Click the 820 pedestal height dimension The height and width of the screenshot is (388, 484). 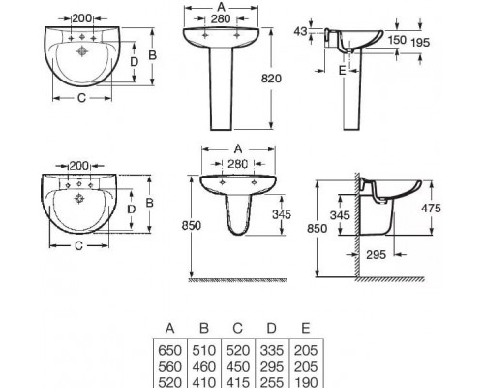(x=271, y=79)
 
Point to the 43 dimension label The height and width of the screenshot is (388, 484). (x=300, y=31)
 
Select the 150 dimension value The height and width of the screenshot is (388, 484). (x=397, y=40)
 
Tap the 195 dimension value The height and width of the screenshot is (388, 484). (x=420, y=42)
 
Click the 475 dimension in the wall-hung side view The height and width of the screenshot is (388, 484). (x=431, y=209)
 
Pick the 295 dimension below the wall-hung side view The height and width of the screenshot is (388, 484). (x=377, y=255)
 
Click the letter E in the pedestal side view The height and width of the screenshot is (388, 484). (x=343, y=70)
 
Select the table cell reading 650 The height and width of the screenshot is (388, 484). (x=170, y=350)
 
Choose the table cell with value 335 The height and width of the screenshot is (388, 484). (x=272, y=350)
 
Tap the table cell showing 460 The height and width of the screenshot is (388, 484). (x=204, y=367)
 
